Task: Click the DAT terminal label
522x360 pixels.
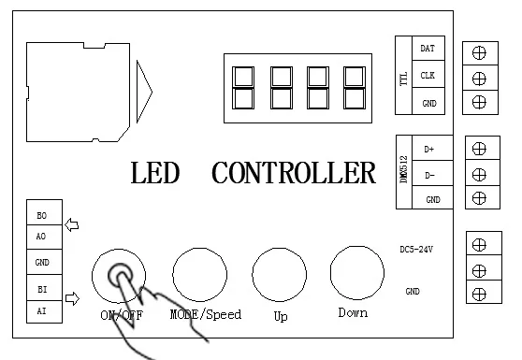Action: coord(428,49)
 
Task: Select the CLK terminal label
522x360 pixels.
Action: coord(428,76)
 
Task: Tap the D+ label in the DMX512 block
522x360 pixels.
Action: coord(429,150)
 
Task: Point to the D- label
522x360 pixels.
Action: coord(429,176)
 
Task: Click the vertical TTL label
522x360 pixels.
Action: coord(403,79)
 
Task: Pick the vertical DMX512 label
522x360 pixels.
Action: coord(403,169)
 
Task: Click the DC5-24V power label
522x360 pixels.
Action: coord(416,250)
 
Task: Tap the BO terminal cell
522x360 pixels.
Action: coord(44,212)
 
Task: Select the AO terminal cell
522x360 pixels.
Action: coord(44,237)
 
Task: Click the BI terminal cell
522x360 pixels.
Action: coord(44,288)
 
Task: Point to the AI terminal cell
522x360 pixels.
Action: coord(44,311)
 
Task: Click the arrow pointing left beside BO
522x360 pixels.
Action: coord(72,225)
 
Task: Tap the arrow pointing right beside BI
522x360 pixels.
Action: coord(72,298)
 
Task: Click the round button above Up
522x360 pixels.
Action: coord(280,275)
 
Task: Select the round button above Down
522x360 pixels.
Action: coord(357,273)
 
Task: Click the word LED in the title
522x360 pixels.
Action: coord(155,173)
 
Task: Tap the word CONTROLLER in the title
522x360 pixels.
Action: coord(294,173)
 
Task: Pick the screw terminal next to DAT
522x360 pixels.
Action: coord(479,53)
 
